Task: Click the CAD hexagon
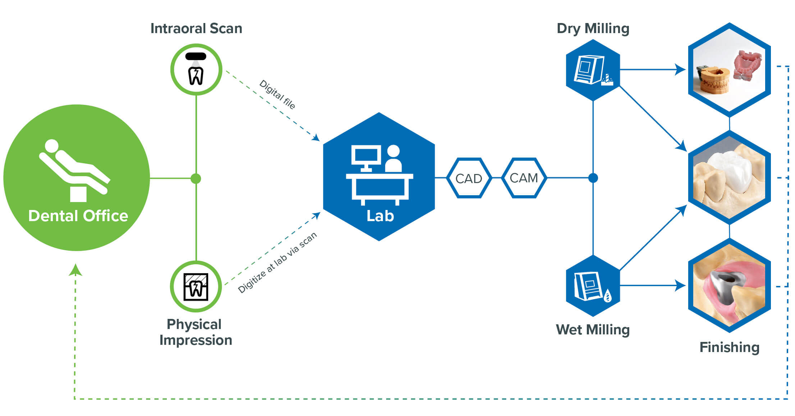[469, 178]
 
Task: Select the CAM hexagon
[524, 178]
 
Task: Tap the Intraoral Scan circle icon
[196, 69]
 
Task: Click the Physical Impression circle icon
[196, 287]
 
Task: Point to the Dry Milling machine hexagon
[593, 70]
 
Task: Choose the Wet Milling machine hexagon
[593, 286]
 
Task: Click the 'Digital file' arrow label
[277, 94]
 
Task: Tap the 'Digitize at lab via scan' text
[277, 262]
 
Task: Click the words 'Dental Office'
[78, 216]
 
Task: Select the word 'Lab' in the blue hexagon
[380, 216]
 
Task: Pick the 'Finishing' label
[729, 347]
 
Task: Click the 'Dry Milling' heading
[593, 28]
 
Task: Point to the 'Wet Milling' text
[593, 330]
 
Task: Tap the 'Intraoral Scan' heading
[196, 28]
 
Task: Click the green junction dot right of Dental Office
[196, 178]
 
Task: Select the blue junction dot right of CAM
[593, 178]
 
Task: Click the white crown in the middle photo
[730, 171]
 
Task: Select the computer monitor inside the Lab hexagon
[366, 156]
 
